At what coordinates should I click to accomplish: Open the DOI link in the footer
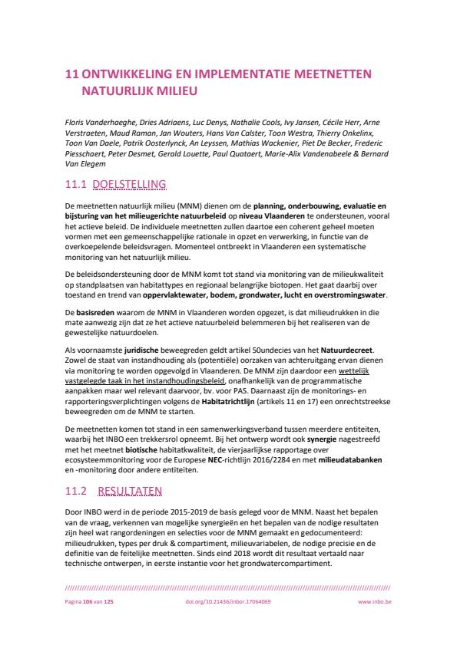coord(228,602)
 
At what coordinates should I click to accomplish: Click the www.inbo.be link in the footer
coord(375,602)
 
